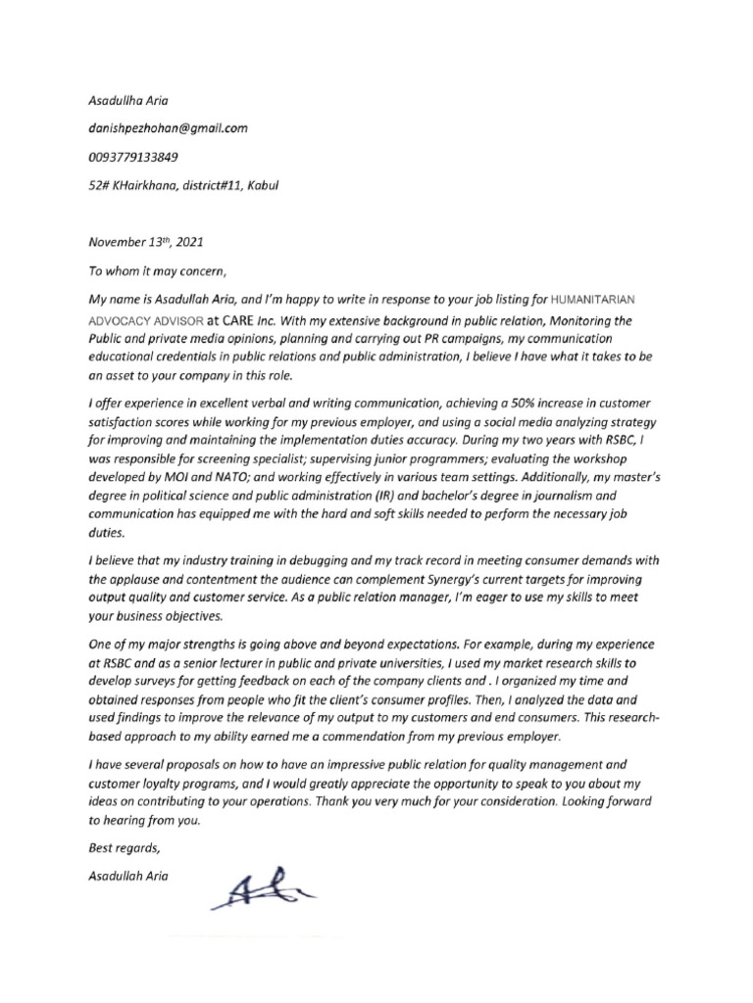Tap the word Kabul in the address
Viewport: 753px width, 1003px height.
click(262, 185)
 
